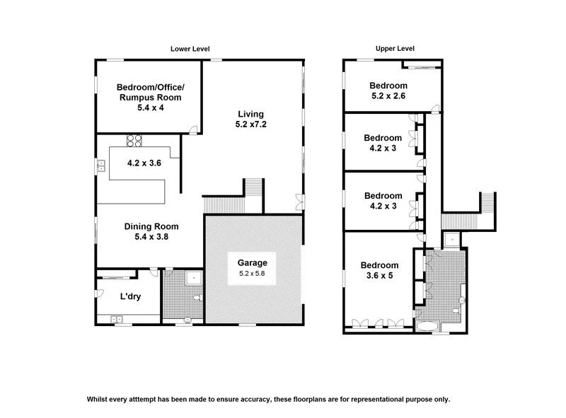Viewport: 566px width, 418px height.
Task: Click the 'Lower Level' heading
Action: click(190, 49)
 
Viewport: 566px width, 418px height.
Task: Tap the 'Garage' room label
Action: click(251, 262)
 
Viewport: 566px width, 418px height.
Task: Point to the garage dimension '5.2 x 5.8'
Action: click(251, 273)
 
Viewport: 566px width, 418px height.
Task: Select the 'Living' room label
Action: click(250, 113)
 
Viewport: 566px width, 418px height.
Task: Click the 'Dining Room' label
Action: click(151, 226)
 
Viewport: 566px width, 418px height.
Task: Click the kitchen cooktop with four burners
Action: click(134, 140)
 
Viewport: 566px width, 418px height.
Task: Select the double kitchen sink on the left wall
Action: click(101, 166)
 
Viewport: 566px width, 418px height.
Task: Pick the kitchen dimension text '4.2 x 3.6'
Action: click(144, 163)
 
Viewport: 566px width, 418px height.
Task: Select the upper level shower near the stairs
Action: click(450, 239)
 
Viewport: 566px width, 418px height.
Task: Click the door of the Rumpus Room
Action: click(193, 129)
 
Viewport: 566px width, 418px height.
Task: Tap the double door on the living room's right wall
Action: click(300, 202)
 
